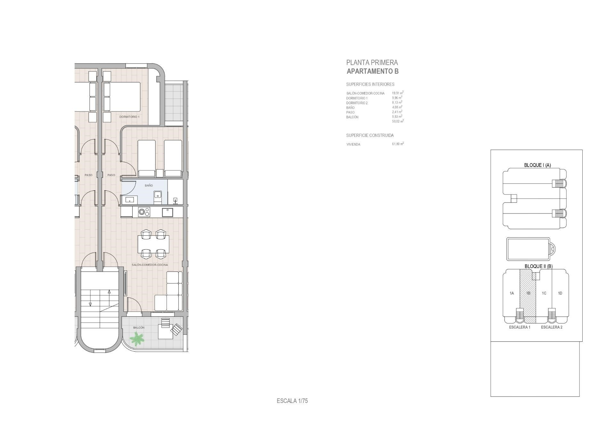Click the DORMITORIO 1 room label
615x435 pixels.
[129, 117]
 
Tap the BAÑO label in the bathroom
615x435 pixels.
[149, 186]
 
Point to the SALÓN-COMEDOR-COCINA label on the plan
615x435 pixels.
[150, 265]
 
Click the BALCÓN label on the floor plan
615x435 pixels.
[139, 328]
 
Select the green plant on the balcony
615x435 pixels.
[137, 339]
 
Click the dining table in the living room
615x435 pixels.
[153, 244]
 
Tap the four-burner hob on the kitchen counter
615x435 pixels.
[144, 212]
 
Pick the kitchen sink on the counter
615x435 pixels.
[168, 212]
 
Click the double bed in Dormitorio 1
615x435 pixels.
[122, 97]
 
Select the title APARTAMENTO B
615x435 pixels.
[373, 71]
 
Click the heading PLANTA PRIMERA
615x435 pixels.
[372, 63]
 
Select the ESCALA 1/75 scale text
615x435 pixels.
[292, 401]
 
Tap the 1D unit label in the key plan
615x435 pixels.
[560, 293]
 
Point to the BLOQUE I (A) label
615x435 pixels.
[537, 165]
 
